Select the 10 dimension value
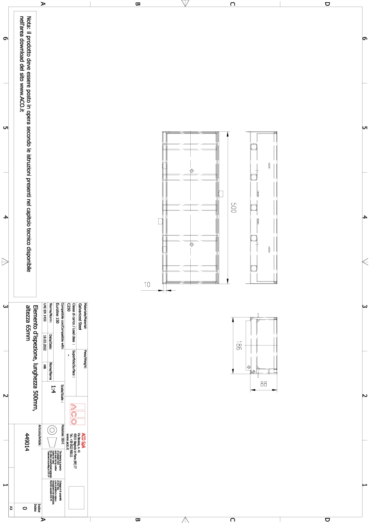pyautogui.click(x=148, y=284)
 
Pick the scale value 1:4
pyautogui.click(x=53, y=389)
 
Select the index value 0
pyautogui.click(x=25, y=508)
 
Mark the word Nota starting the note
pyautogui.click(x=29, y=23)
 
